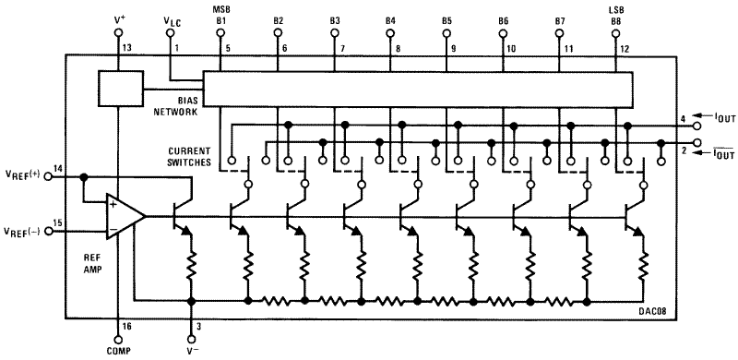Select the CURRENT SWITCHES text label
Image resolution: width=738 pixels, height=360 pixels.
pos(191,156)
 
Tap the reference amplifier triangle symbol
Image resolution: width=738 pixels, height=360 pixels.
pos(124,215)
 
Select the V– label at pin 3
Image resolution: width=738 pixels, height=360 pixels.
pos(191,351)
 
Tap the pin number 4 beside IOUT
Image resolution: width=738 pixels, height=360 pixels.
pos(682,119)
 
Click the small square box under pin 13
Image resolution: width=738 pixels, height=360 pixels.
pos(118,88)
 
